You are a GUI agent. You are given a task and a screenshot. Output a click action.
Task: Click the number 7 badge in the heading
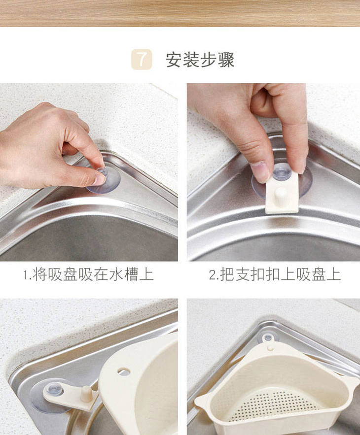pyautogui.click(x=142, y=59)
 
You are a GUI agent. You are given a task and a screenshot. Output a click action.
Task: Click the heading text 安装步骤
pyautogui.click(x=200, y=60)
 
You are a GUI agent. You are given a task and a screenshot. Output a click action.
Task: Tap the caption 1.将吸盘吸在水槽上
pyautogui.click(x=88, y=275)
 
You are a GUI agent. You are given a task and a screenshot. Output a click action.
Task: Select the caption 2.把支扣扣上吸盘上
pyautogui.click(x=275, y=275)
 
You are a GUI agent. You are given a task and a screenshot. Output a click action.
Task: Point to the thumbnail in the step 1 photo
pyautogui.click(x=99, y=179)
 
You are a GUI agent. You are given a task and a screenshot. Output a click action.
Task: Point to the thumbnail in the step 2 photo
pyautogui.click(x=260, y=172)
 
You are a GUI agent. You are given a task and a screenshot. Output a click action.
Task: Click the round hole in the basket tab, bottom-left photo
pyautogui.click(x=124, y=371)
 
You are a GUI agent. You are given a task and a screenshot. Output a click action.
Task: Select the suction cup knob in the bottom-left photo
pyautogui.click(x=54, y=389)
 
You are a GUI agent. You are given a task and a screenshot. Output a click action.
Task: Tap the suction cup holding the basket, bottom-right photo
pyautogui.click(x=268, y=338)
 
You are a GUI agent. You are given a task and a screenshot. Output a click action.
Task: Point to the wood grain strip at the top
pyautogui.click(x=180, y=13)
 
